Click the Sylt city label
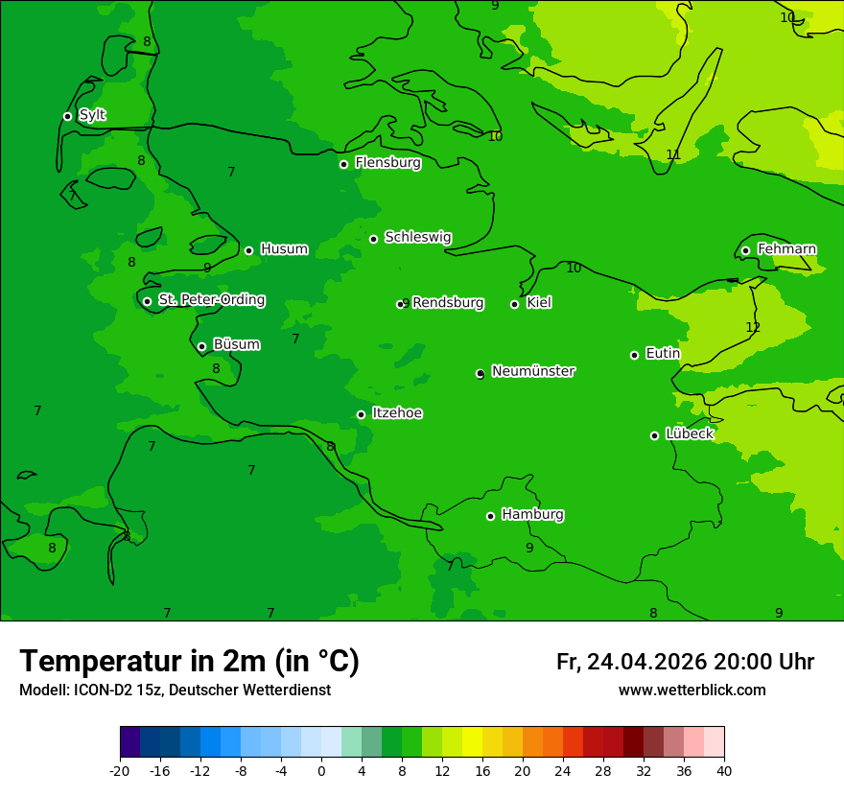(92, 115)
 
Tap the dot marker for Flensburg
(343, 164)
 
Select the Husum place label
(284, 249)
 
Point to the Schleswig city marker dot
(373, 239)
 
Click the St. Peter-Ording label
(211, 300)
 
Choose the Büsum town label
(236, 344)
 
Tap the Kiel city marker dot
(514, 304)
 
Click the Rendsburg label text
(448, 303)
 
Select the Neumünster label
(533, 371)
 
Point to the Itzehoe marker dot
(361, 414)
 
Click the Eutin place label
(663, 354)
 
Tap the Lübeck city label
(689, 433)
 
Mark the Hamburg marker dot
(490, 516)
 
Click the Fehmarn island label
(786, 249)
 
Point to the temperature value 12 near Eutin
(753, 328)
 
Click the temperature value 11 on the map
(673, 155)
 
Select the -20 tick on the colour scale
(120, 770)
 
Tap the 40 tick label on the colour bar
(724, 770)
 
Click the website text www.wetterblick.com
(692, 691)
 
